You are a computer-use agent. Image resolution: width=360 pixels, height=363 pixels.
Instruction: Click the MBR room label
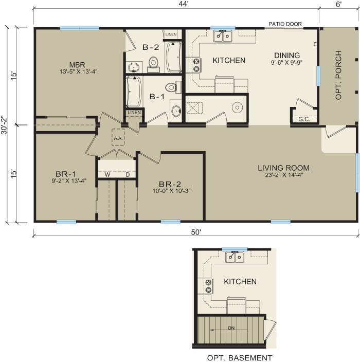[77, 65]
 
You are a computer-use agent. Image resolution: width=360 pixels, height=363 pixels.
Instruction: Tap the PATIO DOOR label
[285, 24]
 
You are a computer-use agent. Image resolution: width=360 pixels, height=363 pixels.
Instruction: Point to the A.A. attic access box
[118, 137]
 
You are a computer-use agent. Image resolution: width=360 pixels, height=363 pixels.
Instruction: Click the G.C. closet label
[304, 119]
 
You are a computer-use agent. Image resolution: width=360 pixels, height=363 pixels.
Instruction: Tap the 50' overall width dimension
[196, 232]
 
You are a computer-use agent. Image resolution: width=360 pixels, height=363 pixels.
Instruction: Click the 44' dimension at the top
[184, 5]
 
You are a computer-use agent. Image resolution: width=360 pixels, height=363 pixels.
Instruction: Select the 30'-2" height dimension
[5, 125]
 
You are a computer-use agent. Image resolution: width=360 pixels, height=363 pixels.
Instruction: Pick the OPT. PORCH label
[338, 75]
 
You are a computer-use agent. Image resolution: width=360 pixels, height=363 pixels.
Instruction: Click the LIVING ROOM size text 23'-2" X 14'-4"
[284, 175]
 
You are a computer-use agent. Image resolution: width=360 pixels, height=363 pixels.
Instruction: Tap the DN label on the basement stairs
[231, 328]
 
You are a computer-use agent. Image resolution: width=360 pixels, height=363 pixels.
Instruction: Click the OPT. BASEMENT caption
[239, 358]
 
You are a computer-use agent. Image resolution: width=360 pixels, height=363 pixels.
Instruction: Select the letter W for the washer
[107, 175]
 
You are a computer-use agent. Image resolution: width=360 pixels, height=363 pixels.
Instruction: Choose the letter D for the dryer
[128, 175]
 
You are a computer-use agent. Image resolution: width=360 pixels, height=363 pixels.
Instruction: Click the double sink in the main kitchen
[223, 36]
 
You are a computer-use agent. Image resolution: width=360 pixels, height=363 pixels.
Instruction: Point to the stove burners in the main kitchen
[196, 65]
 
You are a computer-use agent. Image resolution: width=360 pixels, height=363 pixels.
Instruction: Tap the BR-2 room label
[170, 184]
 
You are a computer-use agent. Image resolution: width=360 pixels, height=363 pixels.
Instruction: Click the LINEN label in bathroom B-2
[171, 34]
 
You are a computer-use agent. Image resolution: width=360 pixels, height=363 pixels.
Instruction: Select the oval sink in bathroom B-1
[176, 111]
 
